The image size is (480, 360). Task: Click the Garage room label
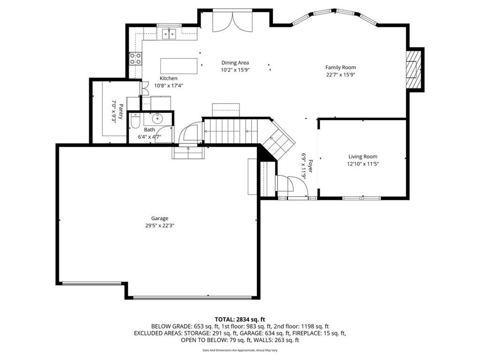pos(159,218)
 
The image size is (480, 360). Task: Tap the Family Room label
pos(340,67)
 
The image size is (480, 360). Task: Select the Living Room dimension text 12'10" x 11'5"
pos(363,164)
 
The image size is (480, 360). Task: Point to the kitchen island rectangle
pos(179,66)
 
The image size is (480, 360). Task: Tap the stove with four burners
pos(135,59)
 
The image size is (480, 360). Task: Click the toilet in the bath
pos(135,121)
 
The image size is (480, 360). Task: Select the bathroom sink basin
pos(157,117)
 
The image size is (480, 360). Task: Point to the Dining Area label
pos(235,63)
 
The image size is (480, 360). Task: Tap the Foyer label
pos(310,166)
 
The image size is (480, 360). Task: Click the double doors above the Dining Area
pos(232,22)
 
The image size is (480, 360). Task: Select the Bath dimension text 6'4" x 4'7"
pos(150,137)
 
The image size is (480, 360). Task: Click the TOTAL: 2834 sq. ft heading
pos(240,320)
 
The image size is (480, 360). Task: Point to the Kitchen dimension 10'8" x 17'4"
pos(169,86)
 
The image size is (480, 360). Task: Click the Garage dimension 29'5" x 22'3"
pos(160,226)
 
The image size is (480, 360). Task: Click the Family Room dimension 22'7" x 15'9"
pos(340,75)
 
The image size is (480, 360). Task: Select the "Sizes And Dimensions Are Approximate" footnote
pos(240,350)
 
